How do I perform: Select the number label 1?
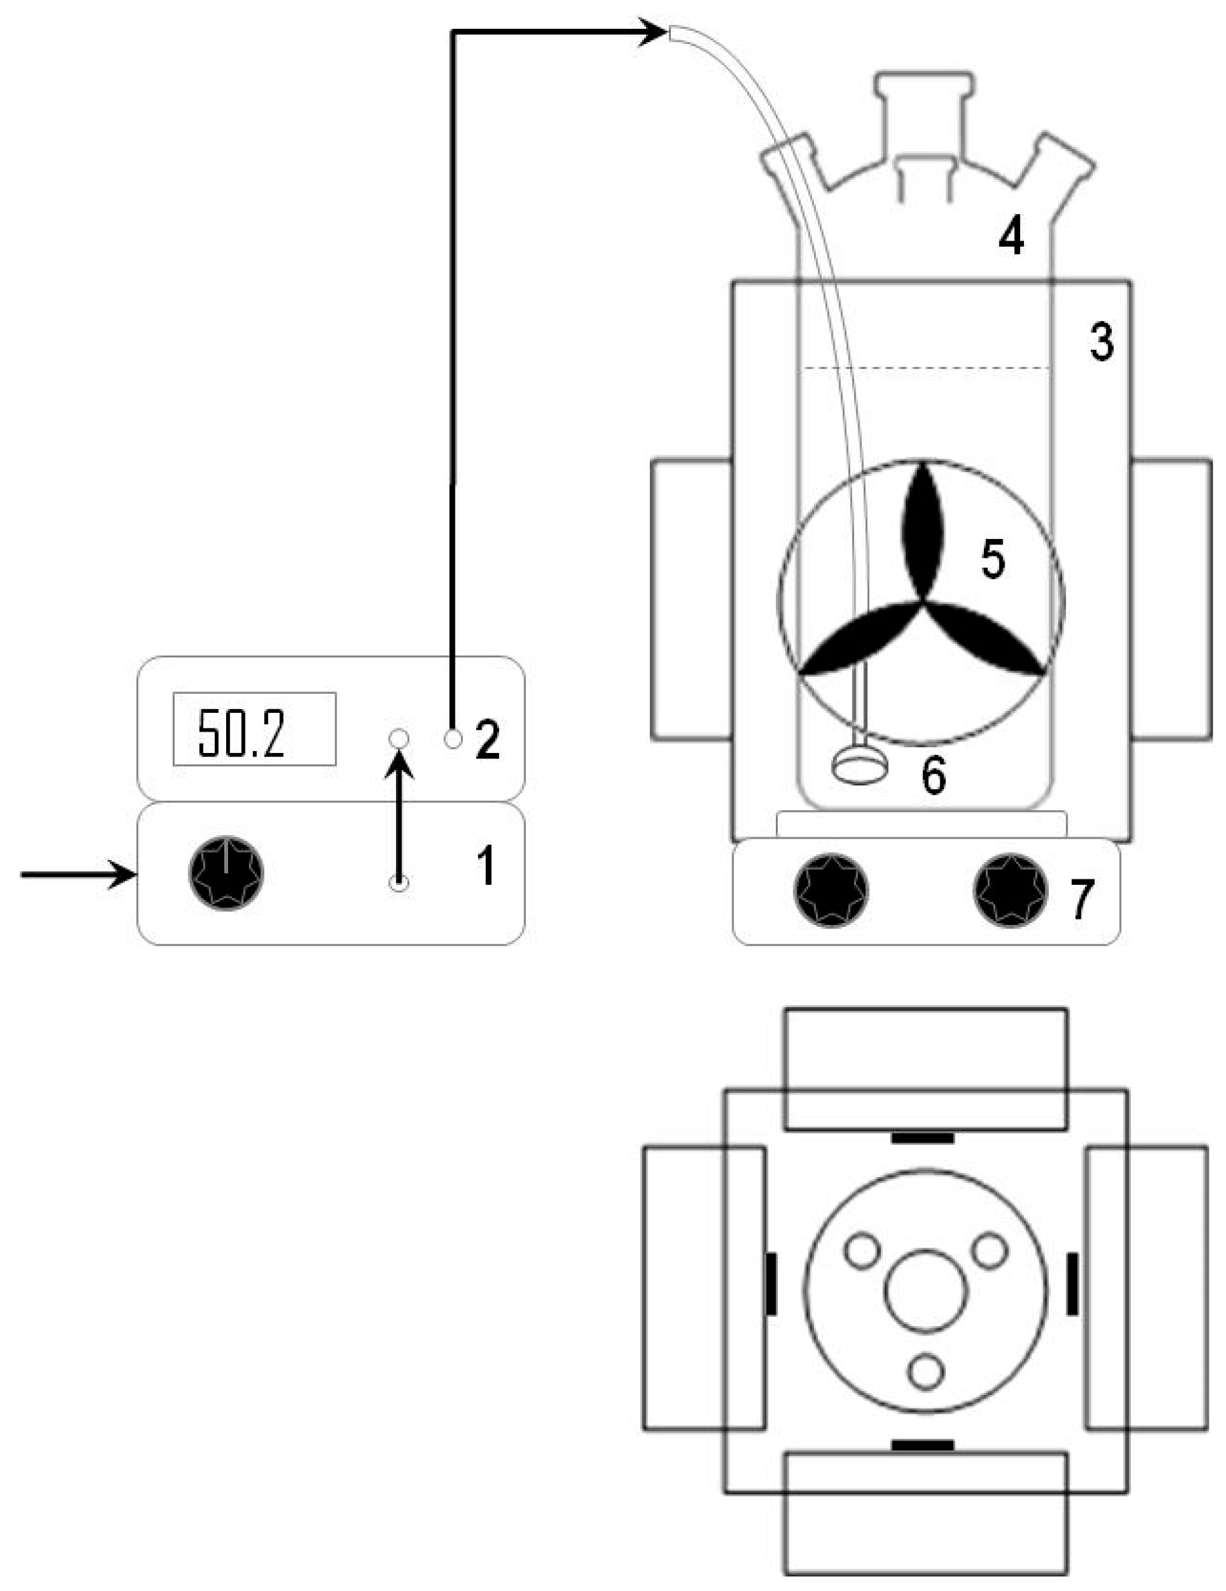tap(485, 865)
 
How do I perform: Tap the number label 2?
tap(488, 739)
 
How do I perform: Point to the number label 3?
tap(1102, 342)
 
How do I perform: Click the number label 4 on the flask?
tap(1011, 237)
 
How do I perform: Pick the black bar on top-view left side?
tap(771, 1284)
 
